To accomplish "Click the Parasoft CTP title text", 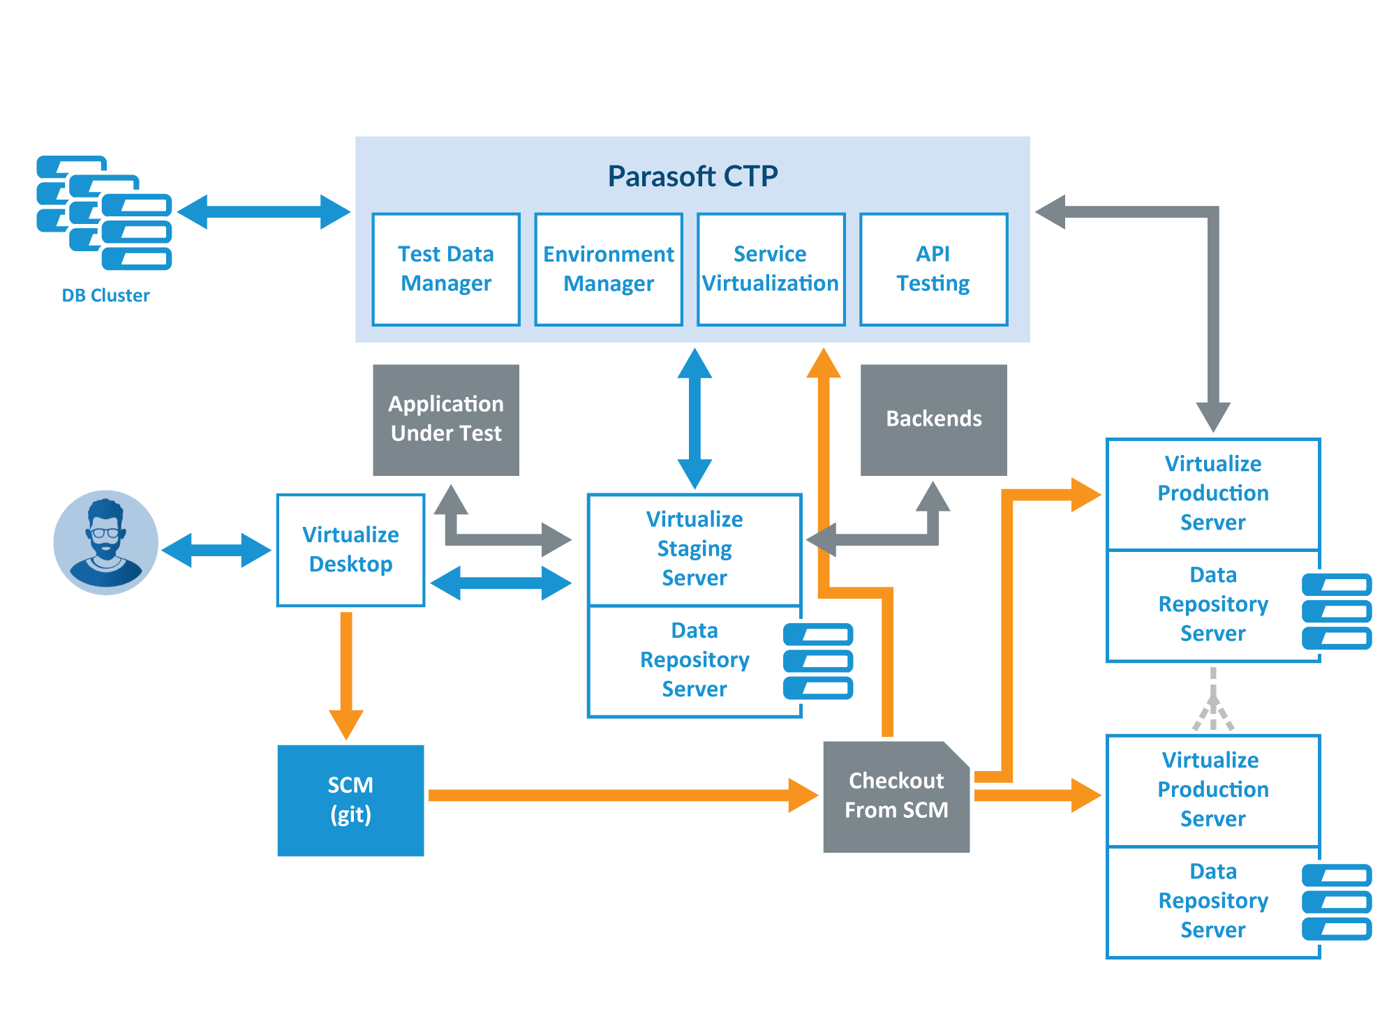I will [x=692, y=176].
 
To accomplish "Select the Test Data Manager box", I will [x=446, y=269].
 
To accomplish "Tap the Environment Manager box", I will [x=609, y=269].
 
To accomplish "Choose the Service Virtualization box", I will [x=771, y=269].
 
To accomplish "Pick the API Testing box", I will [x=933, y=269].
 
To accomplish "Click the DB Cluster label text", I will [x=105, y=295].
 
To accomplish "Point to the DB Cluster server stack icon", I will [x=105, y=213].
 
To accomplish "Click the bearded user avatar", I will [x=106, y=542].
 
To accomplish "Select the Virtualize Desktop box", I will [x=350, y=550].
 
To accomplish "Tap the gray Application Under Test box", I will [x=446, y=419].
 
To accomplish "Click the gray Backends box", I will [x=933, y=419].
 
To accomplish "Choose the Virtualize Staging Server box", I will [x=695, y=549].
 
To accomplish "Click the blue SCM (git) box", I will [x=350, y=800].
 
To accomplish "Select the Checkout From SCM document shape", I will [x=896, y=796].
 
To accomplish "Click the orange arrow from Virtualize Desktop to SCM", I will [x=346, y=670].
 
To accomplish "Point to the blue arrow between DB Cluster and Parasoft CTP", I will [x=264, y=211].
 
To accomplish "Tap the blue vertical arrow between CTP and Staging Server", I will [x=695, y=419].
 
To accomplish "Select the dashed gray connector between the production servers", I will [x=1213, y=698].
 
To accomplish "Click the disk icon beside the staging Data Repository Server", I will [x=818, y=661].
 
